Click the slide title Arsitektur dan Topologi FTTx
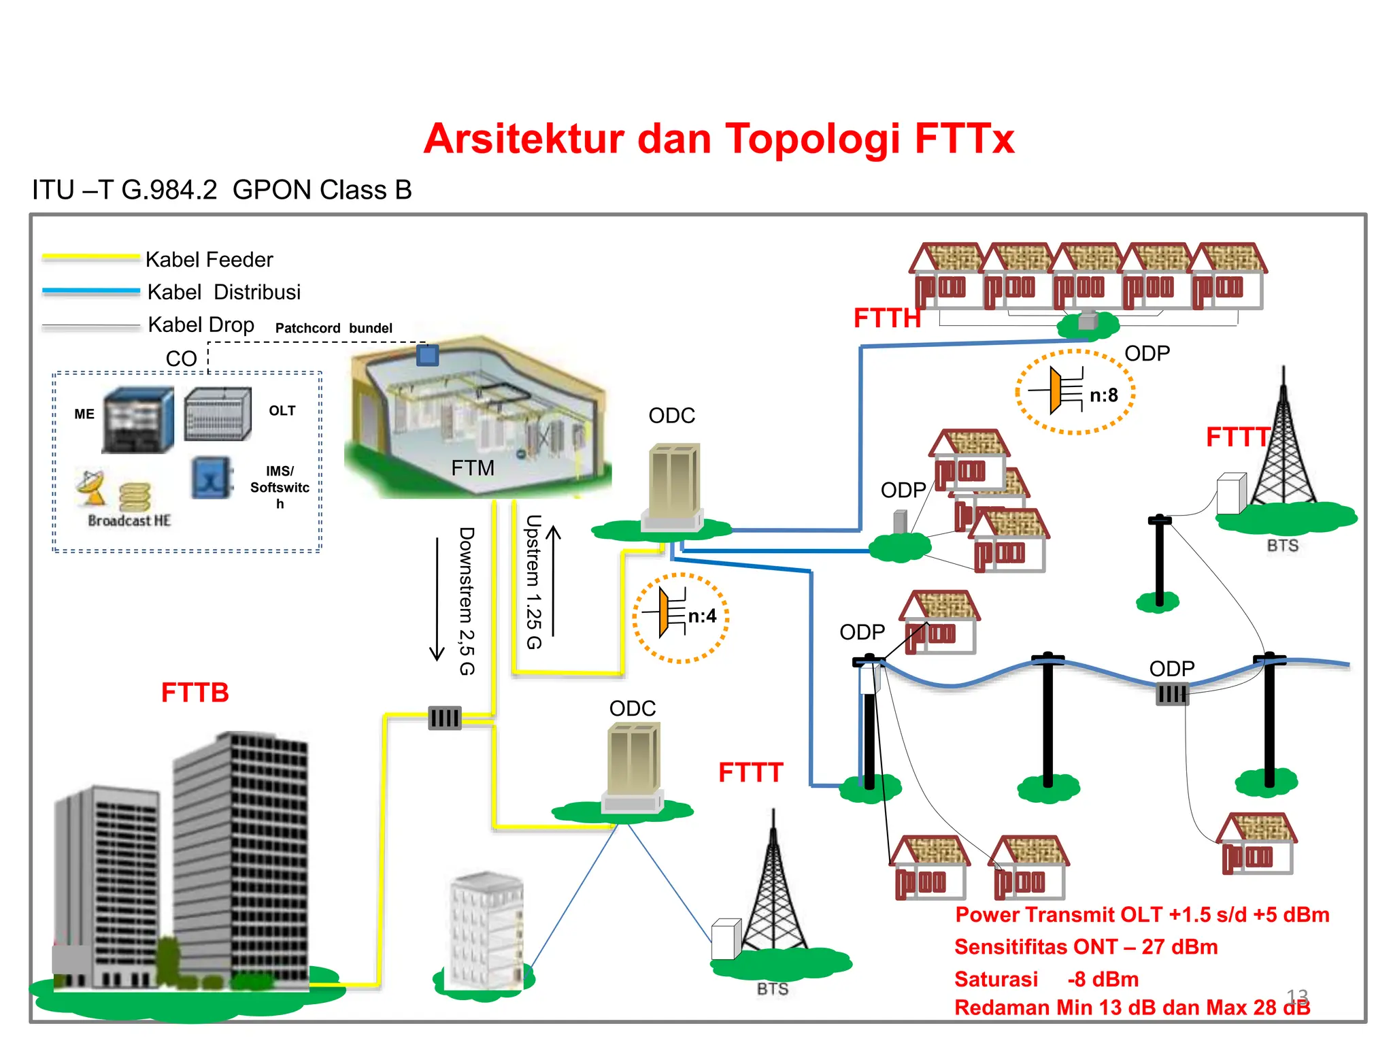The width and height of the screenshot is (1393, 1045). (x=718, y=139)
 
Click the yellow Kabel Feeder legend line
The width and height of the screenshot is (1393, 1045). (x=90, y=257)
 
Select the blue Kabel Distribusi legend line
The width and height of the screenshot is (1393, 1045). (x=90, y=291)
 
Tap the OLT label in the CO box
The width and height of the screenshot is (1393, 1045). (x=282, y=410)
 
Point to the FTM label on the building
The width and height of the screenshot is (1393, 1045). (x=472, y=468)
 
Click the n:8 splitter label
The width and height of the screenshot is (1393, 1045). (x=1103, y=395)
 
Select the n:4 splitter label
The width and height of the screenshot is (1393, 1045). (x=701, y=616)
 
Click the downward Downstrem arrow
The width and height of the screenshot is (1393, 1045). (x=437, y=599)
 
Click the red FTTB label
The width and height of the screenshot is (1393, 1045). (x=195, y=693)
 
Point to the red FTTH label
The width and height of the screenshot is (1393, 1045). (x=886, y=318)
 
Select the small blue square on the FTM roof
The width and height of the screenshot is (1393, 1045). (x=427, y=355)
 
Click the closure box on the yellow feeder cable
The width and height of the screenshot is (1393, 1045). (x=445, y=718)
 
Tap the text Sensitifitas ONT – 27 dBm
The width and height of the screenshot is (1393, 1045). (x=1085, y=946)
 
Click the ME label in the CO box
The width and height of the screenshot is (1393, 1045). (x=84, y=414)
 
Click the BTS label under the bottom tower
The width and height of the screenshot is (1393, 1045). (x=772, y=989)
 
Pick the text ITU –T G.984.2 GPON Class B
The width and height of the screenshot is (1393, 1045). (x=222, y=190)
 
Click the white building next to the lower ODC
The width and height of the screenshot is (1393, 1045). (x=486, y=929)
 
